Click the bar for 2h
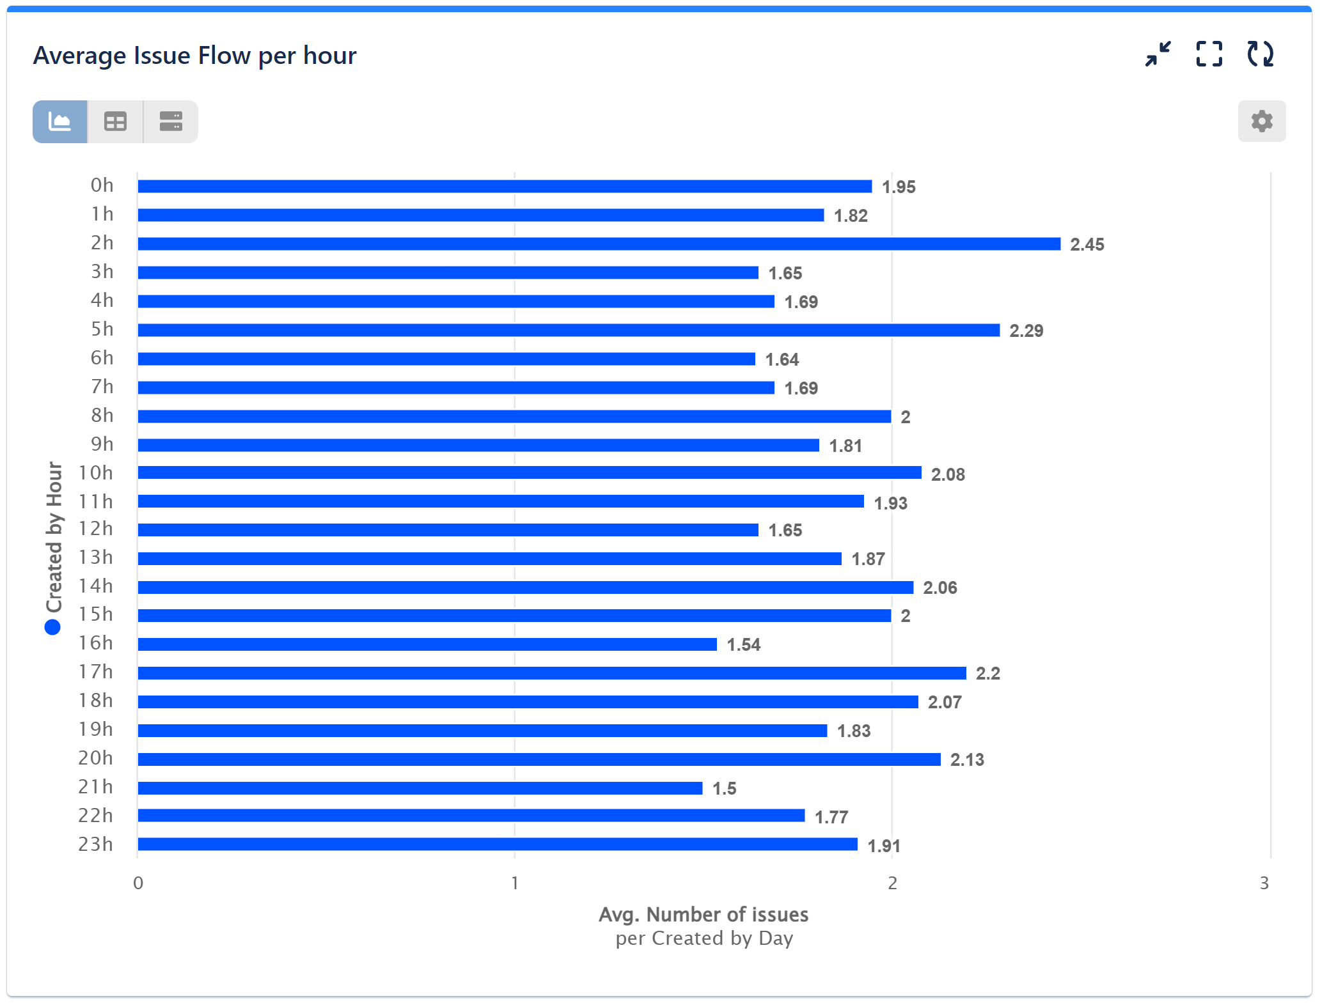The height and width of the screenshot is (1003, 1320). click(x=599, y=244)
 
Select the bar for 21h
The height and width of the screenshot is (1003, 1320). click(x=420, y=788)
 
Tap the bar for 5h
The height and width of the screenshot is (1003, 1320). click(x=568, y=330)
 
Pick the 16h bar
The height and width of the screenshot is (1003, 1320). click(x=427, y=644)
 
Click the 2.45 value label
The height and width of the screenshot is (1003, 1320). click(x=1087, y=244)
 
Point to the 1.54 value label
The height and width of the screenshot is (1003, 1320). click(x=743, y=644)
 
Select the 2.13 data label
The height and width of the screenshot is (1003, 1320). click(x=966, y=759)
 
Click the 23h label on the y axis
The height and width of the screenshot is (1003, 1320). click(x=95, y=844)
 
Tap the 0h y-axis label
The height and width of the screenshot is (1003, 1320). click(x=102, y=185)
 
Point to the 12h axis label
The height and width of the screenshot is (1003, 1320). click(x=95, y=529)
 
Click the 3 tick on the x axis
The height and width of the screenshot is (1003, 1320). click(x=1264, y=883)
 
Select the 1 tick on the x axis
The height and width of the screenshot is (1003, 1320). click(x=514, y=883)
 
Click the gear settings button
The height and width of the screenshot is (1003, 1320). click(x=1261, y=121)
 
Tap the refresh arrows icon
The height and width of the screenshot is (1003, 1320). click(x=1260, y=54)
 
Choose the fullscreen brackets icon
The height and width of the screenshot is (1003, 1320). click(x=1209, y=54)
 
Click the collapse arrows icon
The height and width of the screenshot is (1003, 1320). click(x=1158, y=54)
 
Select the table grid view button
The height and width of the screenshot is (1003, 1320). click(x=115, y=121)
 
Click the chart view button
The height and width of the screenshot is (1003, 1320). click(x=60, y=121)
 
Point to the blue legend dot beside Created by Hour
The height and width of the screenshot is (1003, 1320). click(x=52, y=627)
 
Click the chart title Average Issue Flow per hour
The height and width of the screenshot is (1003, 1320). click(x=194, y=56)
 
